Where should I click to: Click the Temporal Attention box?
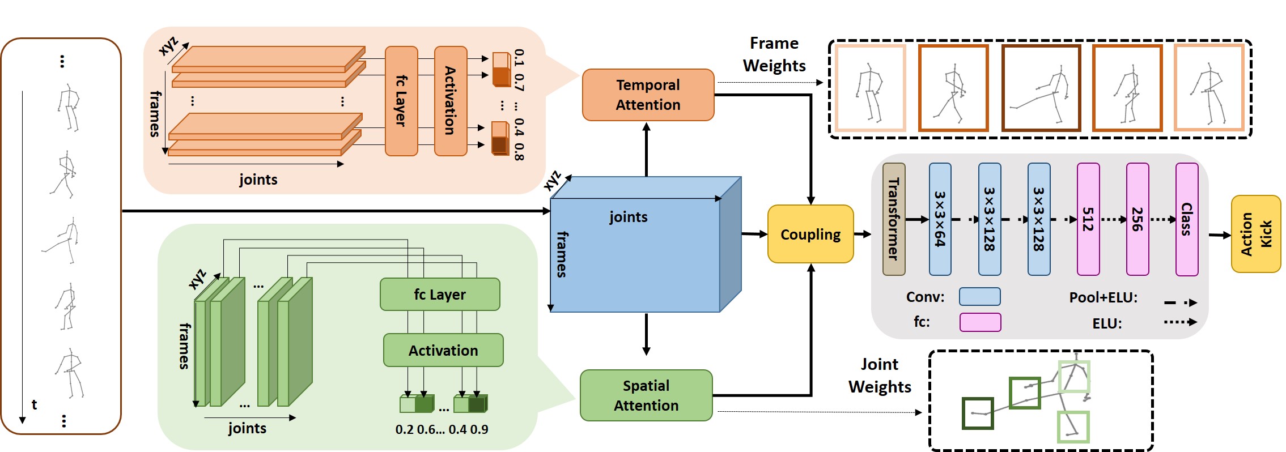(648, 95)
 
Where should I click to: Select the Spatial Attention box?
(646, 395)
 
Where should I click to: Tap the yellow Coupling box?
(810, 234)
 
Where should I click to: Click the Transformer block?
(894, 219)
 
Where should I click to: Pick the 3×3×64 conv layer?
(940, 219)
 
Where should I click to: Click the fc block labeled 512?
(1088, 219)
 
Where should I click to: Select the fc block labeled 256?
(1137, 219)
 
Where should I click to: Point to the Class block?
(1186, 219)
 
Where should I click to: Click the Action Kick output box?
(1255, 234)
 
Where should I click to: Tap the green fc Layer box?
(440, 295)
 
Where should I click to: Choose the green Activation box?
(443, 350)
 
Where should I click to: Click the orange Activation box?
(451, 101)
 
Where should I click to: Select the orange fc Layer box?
(401, 101)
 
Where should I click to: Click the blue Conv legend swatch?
(979, 297)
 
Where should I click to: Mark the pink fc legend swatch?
(979, 322)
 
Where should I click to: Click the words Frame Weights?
(774, 54)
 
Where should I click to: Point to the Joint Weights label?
(879, 376)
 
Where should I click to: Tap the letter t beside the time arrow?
(34, 404)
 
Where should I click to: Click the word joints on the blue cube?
(628, 217)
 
